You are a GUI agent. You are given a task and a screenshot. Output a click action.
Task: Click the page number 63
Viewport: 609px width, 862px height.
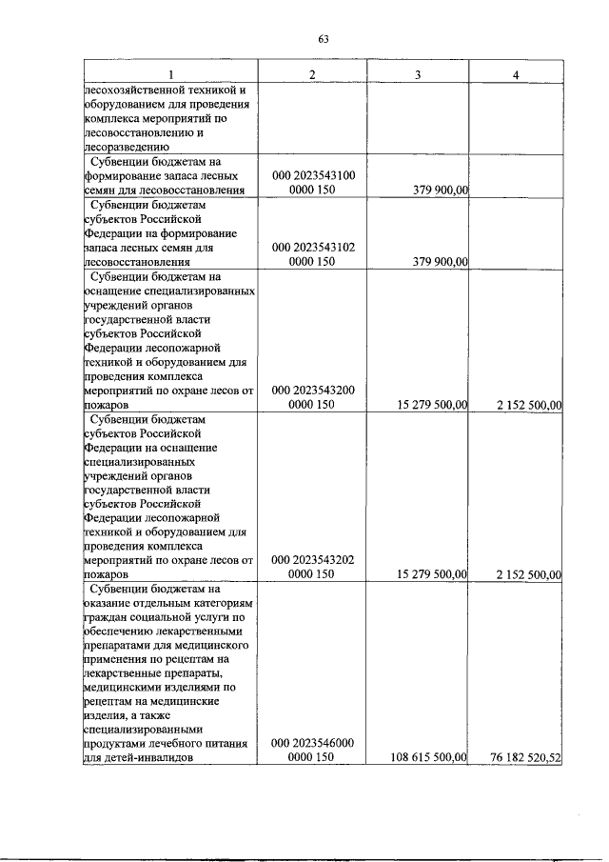tap(324, 39)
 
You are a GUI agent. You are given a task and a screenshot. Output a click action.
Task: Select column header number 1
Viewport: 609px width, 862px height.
tap(170, 75)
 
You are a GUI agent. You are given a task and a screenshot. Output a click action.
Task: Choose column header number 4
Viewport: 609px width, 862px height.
tap(516, 75)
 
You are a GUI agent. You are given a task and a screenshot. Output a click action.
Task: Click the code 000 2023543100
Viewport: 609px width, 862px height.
tap(313, 176)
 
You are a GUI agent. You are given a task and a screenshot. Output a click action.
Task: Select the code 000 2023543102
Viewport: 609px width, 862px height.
tap(313, 247)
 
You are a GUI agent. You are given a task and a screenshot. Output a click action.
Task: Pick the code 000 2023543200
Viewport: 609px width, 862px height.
tap(313, 391)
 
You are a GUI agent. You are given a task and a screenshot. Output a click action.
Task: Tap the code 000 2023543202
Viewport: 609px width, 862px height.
tap(313, 561)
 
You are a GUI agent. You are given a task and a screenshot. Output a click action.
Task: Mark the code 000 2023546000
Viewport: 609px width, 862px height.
tap(313, 743)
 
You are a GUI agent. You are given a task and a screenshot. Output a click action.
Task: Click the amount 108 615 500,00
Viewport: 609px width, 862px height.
tap(425, 757)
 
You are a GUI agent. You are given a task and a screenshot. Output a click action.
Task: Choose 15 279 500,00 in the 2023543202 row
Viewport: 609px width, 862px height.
tap(429, 575)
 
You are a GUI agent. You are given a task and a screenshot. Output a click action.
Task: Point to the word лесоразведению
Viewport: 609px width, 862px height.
tap(127, 148)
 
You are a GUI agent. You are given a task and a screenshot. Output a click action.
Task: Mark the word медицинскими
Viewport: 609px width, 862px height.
tap(124, 687)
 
